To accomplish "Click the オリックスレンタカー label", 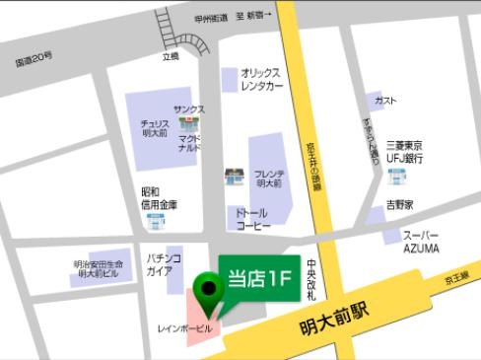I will tap(261, 79).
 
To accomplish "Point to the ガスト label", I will tap(386, 101).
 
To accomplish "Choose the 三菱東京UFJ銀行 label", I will tap(404, 150).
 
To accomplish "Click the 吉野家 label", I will tap(399, 204).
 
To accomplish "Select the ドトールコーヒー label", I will tap(252, 218).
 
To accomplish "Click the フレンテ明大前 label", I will tap(268, 179).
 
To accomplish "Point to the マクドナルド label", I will tap(188, 144).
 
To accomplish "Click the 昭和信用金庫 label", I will tap(156, 197).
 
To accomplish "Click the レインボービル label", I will tap(184, 326).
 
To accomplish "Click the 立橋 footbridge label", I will tap(171, 57).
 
